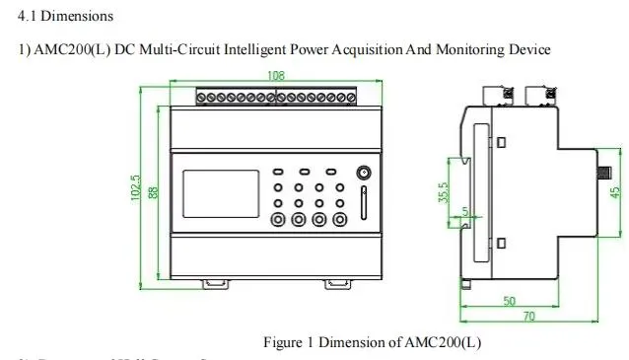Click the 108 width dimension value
277,76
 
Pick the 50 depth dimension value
510,302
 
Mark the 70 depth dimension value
528,317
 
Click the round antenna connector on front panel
364,173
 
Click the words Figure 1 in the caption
289,343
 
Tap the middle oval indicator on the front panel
306,171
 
